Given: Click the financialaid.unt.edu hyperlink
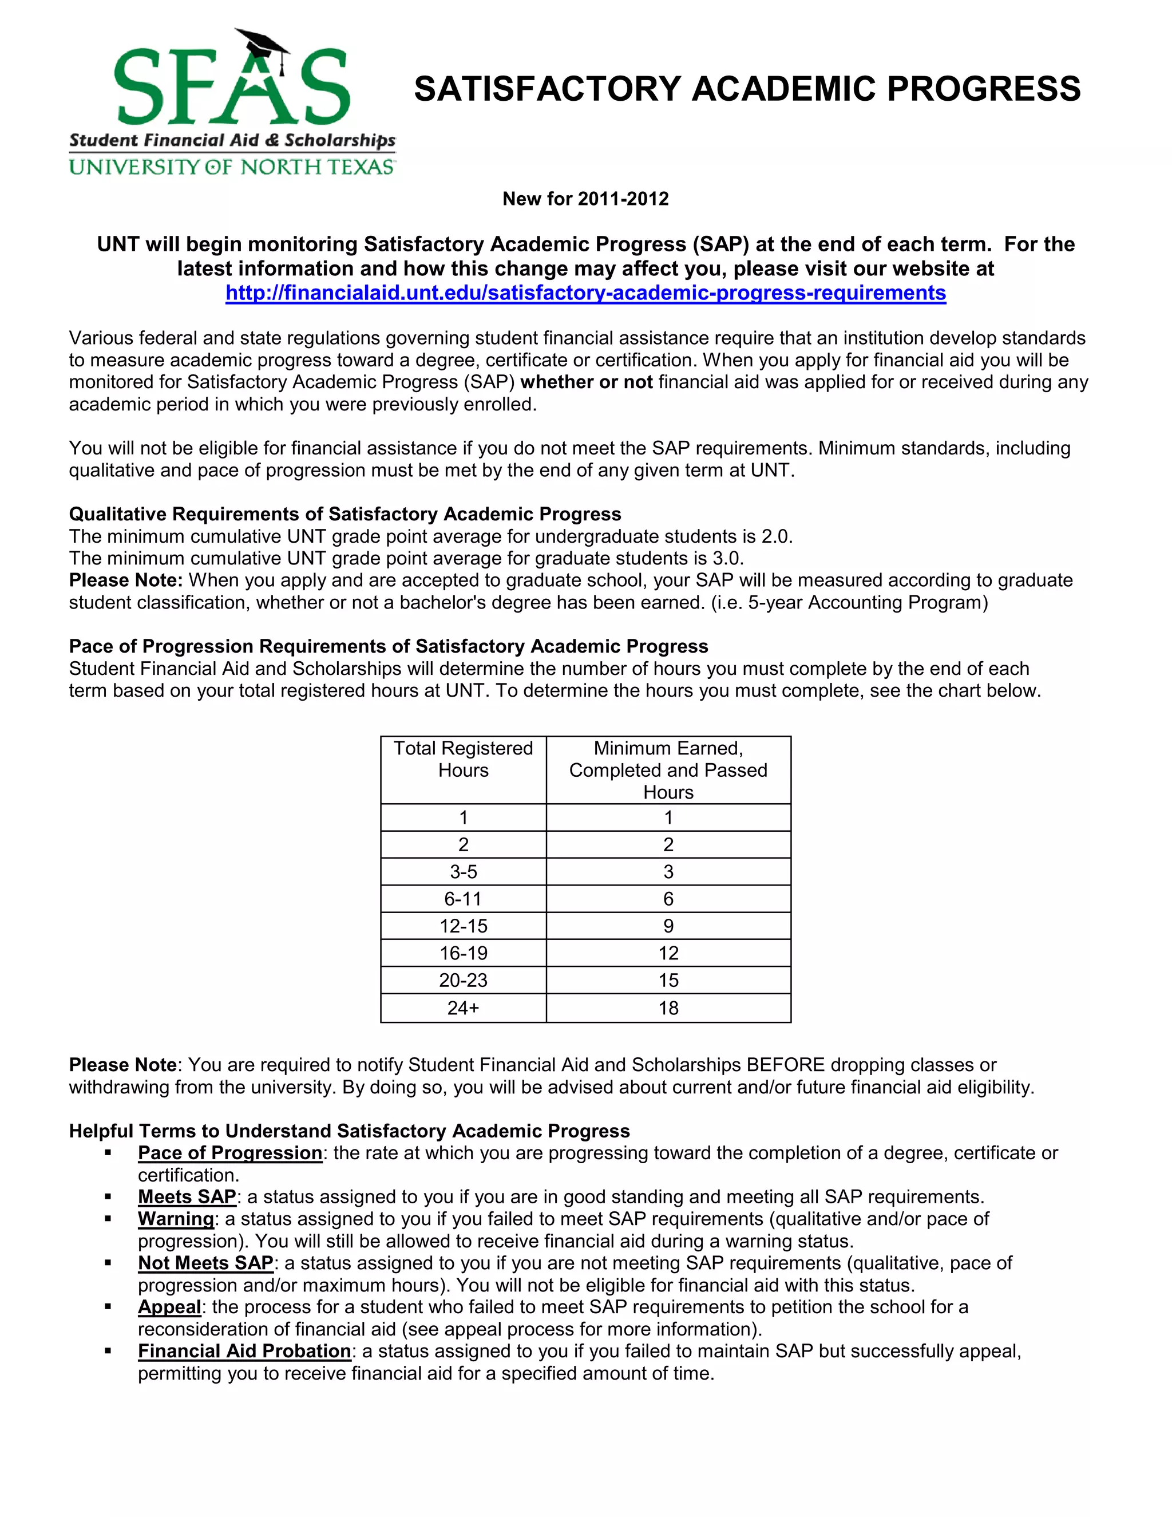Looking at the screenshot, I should [x=585, y=293].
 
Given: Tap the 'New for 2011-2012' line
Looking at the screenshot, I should [x=585, y=199].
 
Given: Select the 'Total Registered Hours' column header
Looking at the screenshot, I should [x=463, y=759].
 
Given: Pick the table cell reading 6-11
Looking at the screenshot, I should [x=463, y=899].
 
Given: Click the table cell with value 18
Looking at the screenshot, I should [x=668, y=1008].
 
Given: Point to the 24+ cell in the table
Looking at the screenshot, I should [x=463, y=1008].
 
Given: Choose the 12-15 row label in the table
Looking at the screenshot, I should [x=463, y=926].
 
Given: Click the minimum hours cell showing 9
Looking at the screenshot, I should [x=668, y=926].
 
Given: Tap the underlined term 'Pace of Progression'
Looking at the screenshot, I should [x=230, y=1153].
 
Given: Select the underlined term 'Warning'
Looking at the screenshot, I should [x=176, y=1219].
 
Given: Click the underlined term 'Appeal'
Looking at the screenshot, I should [x=169, y=1307].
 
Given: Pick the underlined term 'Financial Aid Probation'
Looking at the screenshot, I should [x=244, y=1351].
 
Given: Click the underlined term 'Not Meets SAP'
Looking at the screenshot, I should [x=205, y=1263].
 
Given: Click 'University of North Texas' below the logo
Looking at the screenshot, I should [x=232, y=167].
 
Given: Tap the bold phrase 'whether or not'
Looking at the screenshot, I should [x=587, y=382].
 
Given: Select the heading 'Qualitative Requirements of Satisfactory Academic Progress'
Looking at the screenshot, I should [x=345, y=514].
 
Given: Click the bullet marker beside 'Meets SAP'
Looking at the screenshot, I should [x=108, y=1197].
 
